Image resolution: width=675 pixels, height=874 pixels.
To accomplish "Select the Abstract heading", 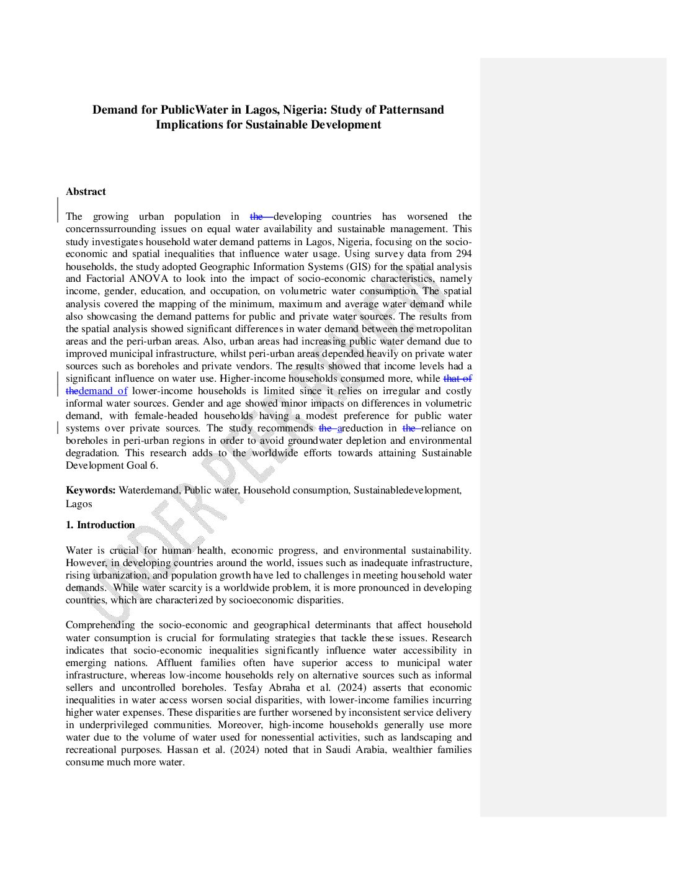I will tap(86, 192).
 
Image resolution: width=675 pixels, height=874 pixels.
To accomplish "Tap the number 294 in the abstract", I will tap(463, 254).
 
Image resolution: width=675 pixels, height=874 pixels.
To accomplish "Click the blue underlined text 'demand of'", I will tap(103, 391).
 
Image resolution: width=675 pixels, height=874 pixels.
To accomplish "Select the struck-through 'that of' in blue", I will tap(457, 379).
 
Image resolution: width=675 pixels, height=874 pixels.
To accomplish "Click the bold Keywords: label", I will tap(91, 490).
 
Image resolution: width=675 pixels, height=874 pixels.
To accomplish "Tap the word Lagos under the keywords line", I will tap(79, 504).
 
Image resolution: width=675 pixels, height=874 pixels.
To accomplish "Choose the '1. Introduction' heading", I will tap(101, 525).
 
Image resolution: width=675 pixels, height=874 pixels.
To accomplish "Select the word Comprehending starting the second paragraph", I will tap(100, 625).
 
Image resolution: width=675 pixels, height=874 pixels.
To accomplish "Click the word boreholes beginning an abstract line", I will tap(87, 441).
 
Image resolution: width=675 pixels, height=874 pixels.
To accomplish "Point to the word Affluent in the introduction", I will tap(174, 663).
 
